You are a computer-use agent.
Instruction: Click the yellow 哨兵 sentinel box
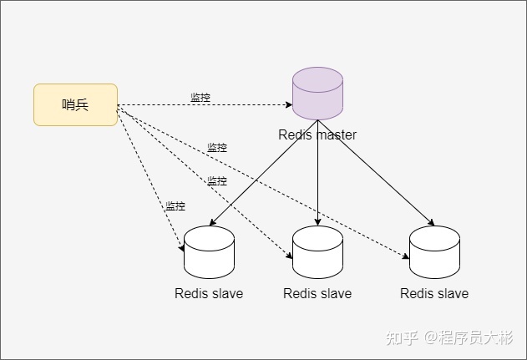pyautogui.click(x=75, y=105)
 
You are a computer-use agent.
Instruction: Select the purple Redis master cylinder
pyautogui.click(x=317, y=94)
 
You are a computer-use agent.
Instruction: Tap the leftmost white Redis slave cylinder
pyautogui.click(x=209, y=252)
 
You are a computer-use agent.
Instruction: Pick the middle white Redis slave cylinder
pyautogui.click(x=317, y=252)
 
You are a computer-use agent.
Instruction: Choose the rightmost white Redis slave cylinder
pyautogui.click(x=434, y=252)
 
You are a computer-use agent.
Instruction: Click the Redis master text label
pyautogui.click(x=317, y=134)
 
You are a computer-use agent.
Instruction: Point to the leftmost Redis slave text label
pyautogui.click(x=209, y=293)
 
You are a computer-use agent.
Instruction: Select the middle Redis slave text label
pyautogui.click(x=317, y=293)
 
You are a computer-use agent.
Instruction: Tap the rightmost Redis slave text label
pyautogui.click(x=434, y=293)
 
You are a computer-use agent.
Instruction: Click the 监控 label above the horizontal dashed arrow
pyautogui.click(x=200, y=98)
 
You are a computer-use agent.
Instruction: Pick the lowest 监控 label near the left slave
pyautogui.click(x=175, y=205)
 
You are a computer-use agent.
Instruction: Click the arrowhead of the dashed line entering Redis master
pyautogui.click(x=289, y=105)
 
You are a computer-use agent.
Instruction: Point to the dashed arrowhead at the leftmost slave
pyautogui.click(x=181, y=248)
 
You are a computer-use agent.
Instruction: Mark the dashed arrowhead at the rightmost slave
pyautogui.click(x=406, y=256)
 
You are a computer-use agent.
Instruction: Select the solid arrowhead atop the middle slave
pyautogui.click(x=317, y=222)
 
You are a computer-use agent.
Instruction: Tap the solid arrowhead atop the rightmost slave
pyautogui.click(x=431, y=222)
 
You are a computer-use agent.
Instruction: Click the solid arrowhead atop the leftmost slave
pyautogui.click(x=212, y=222)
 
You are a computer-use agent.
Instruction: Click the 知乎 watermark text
pyautogui.click(x=402, y=337)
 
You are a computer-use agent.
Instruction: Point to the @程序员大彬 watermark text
pyautogui.click(x=469, y=337)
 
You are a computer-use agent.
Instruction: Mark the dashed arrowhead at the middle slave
pyautogui.click(x=289, y=256)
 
